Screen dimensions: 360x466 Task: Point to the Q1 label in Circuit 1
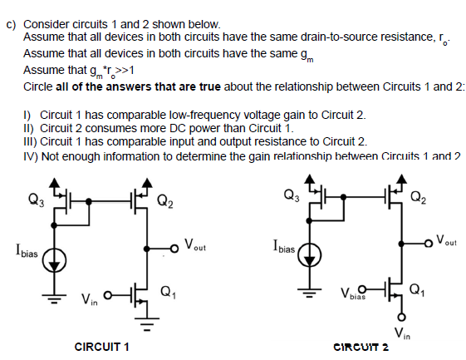[x=167, y=291]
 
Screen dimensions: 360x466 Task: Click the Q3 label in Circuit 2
[x=286, y=196]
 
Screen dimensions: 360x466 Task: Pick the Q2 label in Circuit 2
[x=422, y=197]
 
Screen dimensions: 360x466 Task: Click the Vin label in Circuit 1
[x=89, y=298]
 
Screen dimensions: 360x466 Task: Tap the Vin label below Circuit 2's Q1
[x=400, y=334]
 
